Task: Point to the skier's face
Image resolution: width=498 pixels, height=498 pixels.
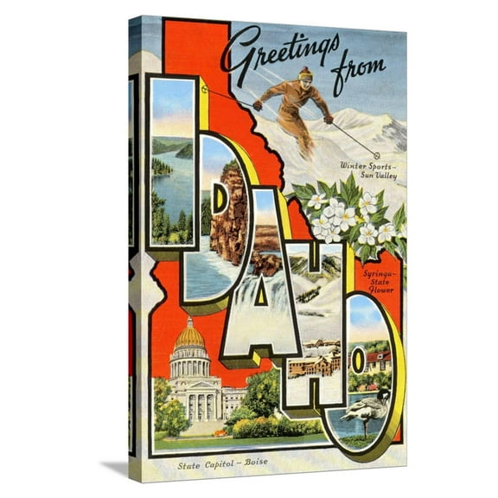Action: click(307, 80)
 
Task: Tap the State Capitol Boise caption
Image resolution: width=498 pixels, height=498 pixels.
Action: click(221, 466)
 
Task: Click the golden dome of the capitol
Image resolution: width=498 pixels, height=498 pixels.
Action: click(189, 335)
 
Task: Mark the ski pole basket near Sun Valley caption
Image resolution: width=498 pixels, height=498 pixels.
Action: click(376, 155)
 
